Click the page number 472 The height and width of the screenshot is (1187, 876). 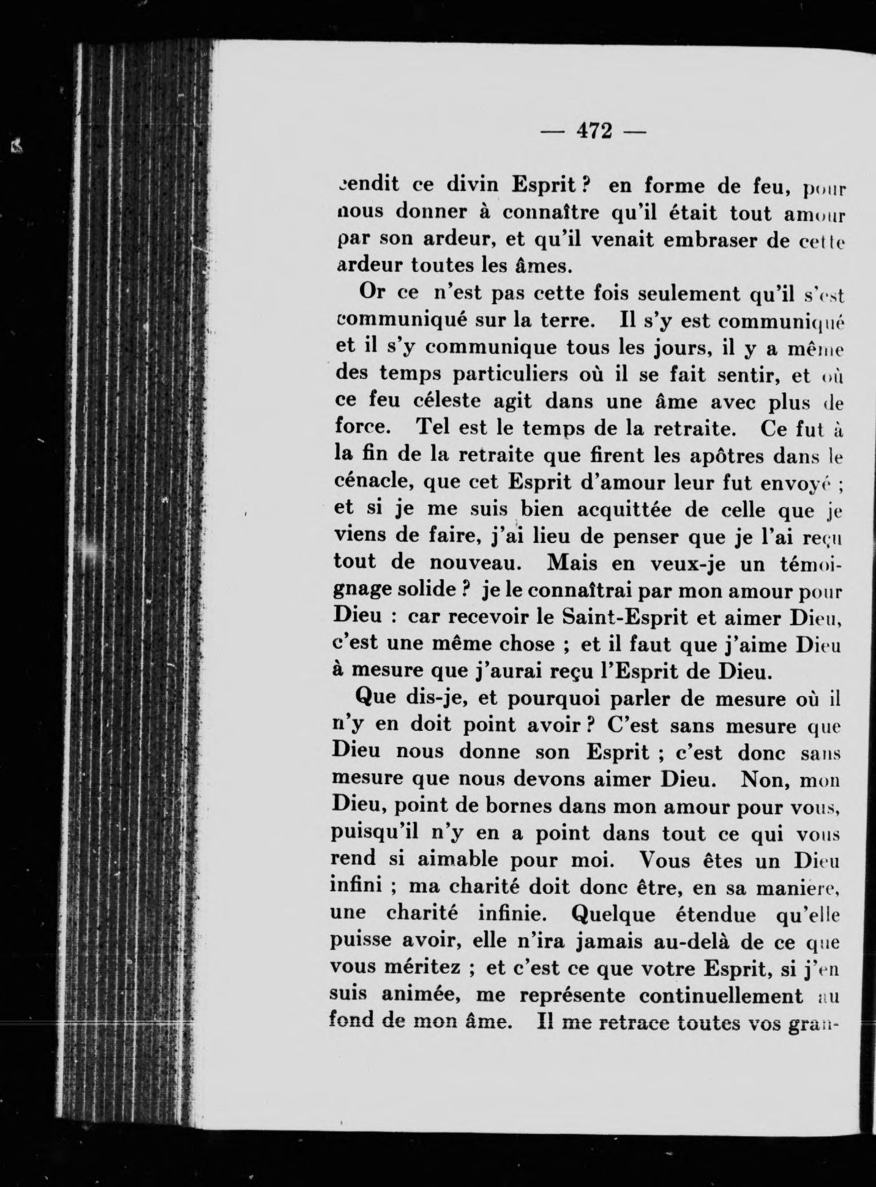pyautogui.click(x=593, y=131)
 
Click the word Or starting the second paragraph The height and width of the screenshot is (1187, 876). pyautogui.click(x=372, y=293)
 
